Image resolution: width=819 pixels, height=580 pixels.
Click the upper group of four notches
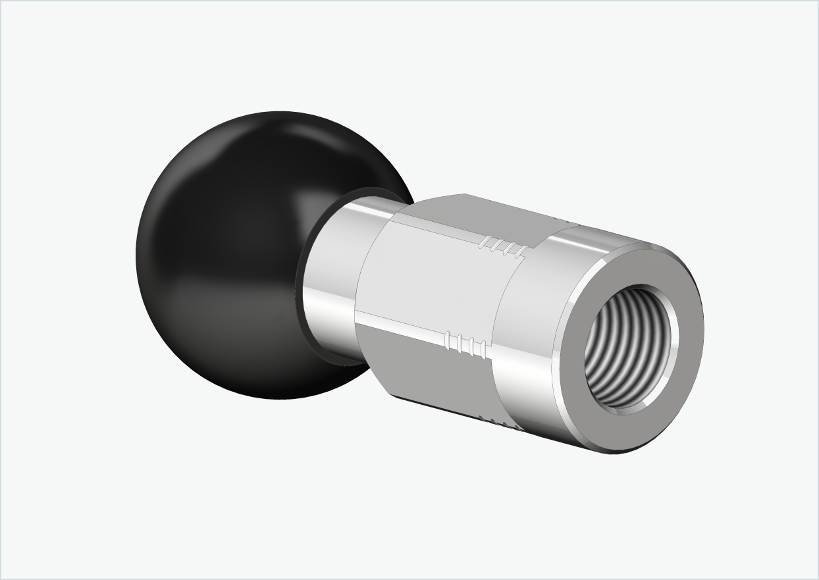click(x=504, y=248)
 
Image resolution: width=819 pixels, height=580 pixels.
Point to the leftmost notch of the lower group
click(x=448, y=340)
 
